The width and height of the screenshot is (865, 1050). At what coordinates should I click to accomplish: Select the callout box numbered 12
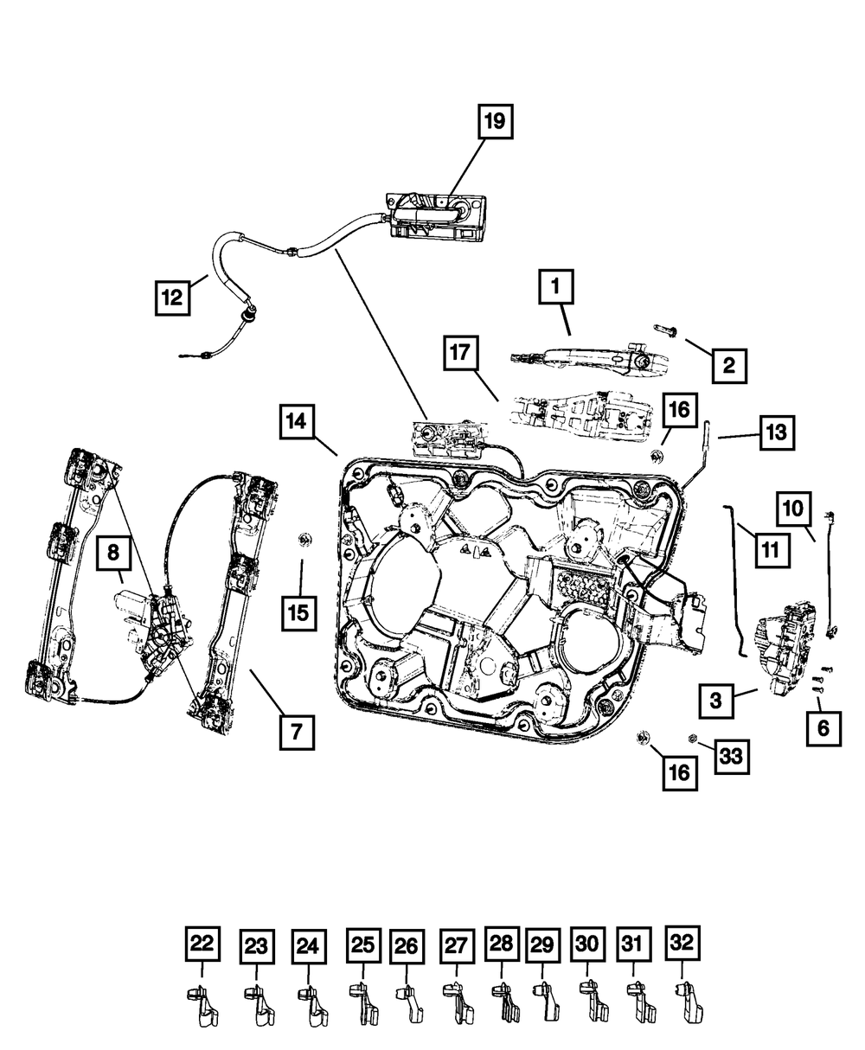click(x=172, y=298)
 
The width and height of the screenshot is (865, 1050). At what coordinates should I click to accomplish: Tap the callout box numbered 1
click(x=556, y=286)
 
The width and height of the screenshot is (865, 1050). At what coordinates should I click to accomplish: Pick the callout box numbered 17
click(x=463, y=355)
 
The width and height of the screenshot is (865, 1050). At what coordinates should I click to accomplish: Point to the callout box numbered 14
click(x=297, y=423)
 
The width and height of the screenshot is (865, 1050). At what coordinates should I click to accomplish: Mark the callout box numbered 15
click(x=298, y=613)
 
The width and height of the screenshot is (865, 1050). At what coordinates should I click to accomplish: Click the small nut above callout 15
click(x=304, y=541)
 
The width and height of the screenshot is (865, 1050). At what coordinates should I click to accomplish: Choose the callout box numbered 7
click(x=295, y=733)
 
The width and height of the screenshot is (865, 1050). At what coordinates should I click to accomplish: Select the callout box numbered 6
click(x=822, y=728)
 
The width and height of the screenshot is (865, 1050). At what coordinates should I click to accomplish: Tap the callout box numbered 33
click(x=731, y=757)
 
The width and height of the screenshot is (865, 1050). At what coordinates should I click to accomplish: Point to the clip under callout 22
click(x=201, y=1007)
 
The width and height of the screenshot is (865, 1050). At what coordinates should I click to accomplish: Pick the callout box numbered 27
click(x=458, y=946)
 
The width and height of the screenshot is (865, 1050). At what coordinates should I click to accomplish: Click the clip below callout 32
click(x=688, y=1006)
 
